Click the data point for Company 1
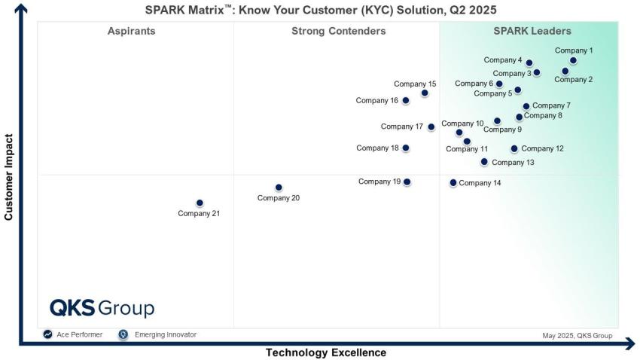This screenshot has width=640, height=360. coord(573,61)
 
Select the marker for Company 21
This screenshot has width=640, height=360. coord(200,203)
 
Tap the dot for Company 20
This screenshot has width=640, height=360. coord(279,188)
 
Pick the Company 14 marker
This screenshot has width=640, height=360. coord(453,182)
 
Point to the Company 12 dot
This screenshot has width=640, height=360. coord(514,149)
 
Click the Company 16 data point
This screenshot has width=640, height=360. coord(406,100)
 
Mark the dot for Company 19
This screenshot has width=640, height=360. coord(407,182)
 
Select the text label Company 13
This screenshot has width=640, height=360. coord(513,163)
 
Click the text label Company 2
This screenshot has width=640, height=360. coord(574,79)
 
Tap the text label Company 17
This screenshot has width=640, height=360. coord(402,127)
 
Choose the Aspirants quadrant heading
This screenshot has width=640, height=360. coord(132,32)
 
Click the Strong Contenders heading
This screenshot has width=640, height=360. coord(338,32)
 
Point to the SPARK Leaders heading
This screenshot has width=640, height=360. coord(532,32)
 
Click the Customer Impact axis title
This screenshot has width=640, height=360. coord(9,178)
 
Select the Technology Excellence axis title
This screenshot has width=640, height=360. coord(325,352)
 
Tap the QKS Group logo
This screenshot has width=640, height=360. coord(102,308)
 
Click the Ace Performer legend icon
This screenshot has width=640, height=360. coord(48,334)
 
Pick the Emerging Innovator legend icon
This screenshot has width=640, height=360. coord(123,334)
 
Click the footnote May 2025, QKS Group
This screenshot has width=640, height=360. coord(577,336)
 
